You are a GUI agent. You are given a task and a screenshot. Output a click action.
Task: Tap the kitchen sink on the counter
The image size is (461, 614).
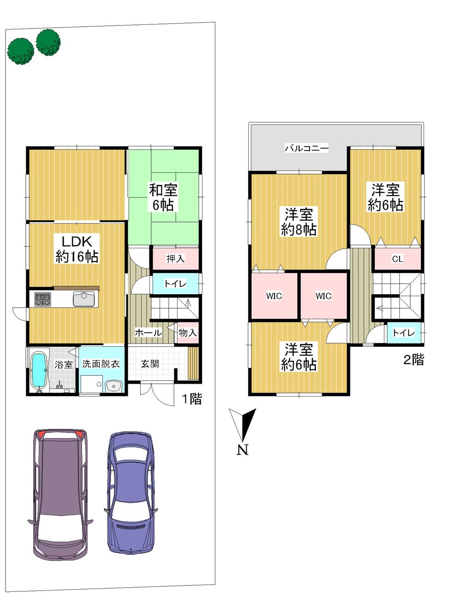click(x=83, y=299)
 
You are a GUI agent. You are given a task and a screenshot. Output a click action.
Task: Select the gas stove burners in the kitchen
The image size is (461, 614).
click(x=43, y=299)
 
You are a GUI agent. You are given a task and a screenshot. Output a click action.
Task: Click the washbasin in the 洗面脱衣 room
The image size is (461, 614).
click(x=113, y=386)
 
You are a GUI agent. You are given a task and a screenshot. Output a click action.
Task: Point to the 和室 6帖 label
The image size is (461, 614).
click(x=163, y=197)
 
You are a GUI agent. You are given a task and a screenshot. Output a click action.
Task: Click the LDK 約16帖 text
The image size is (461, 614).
click(x=77, y=249)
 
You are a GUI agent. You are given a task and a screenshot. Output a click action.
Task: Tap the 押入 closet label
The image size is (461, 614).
click(x=175, y=259)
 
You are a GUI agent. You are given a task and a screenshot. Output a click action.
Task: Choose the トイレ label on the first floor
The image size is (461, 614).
click(x=175, y=284)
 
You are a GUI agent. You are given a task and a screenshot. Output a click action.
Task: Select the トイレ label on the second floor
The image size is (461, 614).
click(x=403, y=333)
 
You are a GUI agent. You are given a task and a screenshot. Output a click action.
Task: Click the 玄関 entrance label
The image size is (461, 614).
click(x=150, y=364)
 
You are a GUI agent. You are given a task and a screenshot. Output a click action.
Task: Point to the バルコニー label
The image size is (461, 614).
click(x=307, y=148)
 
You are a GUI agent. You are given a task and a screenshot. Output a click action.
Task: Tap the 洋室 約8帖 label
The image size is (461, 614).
click(x=299, y=222)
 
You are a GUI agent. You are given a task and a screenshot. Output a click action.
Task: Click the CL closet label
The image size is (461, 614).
click(x=397, y=259)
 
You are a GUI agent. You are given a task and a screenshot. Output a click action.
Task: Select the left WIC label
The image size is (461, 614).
click(x=274, y=296)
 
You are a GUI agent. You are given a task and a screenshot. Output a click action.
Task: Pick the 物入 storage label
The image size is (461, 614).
click(x=188, y=333)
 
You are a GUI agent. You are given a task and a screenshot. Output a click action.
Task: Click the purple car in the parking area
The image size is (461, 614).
click(x=60, y=493)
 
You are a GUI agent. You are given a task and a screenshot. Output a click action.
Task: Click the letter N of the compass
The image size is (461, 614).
click(x=242, y=450)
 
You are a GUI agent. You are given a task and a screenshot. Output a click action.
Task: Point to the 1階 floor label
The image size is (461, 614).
click(x=192, y=399)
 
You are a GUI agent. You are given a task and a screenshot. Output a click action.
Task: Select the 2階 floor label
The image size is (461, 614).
click(x=414, y=360)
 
